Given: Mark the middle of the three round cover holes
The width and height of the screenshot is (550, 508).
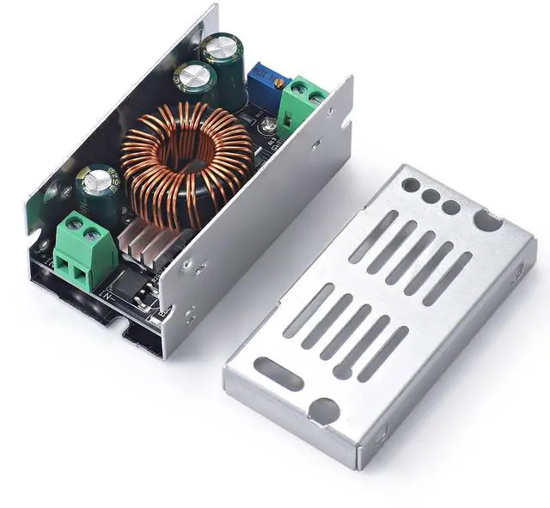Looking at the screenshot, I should pos(431,196).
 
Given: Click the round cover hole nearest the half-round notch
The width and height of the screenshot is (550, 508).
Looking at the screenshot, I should pos(450,207).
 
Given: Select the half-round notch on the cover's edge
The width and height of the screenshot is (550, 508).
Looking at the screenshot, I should pos(487,223).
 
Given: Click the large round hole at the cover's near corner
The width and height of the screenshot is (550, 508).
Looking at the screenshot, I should pos(324,411).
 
